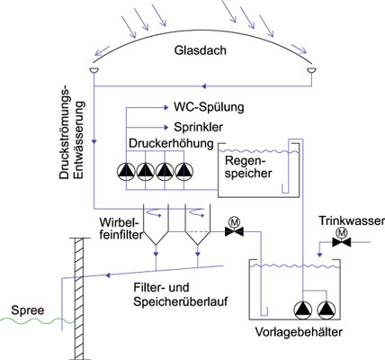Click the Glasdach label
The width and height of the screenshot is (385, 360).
pos(201,50)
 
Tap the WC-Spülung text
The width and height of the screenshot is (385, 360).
pos(209,107)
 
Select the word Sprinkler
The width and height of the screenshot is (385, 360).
pos(198,127)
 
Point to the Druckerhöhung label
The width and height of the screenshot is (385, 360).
pos(171,143)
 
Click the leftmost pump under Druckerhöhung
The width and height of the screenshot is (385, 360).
pos(126,172)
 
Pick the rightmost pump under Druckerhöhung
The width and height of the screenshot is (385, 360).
pos(184,172)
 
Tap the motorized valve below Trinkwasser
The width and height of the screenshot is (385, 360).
pos(341,238)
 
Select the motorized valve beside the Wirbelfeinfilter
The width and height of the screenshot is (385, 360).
pos(234,228)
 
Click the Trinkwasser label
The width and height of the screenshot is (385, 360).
pos(352,220)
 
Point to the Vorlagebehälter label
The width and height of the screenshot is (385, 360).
pos(299,332)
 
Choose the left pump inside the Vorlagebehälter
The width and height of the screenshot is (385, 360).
pos(303,310)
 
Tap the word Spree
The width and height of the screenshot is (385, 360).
pos(28,310)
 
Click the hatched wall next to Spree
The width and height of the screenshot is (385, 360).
pos(79,298)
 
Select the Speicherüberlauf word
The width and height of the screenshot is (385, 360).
pos(181,301)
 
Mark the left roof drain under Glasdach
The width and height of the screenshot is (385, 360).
pos(94,70)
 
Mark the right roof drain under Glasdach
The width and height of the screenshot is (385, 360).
pos(312,70)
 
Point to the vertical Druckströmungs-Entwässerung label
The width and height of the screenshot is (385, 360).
pos(72,134)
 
